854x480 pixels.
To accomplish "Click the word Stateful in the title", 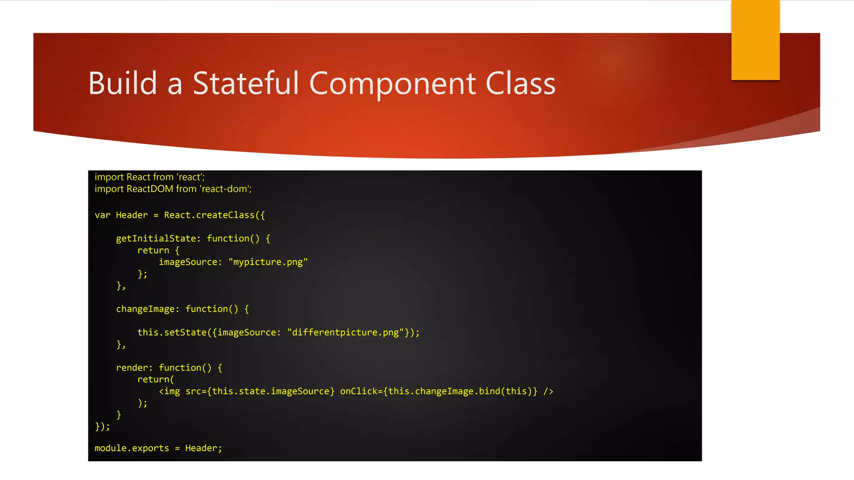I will coord(246,83).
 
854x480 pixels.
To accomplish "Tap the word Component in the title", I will coord(392,83).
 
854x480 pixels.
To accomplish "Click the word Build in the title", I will coord(123,83).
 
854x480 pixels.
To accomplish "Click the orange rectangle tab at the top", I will coord(755,40).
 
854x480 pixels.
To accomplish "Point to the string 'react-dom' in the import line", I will coord(225,189).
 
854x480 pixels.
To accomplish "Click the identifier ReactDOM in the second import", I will coord(150,189).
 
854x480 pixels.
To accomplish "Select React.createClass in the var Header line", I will coord(209,215).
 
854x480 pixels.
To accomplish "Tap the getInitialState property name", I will coord(156,239).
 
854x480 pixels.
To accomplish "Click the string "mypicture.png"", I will coord(268,262).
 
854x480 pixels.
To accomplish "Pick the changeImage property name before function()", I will coord(145,309).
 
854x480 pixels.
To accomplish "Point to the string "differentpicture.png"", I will coord(345,332).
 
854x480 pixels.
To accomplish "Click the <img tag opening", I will coord(169,392).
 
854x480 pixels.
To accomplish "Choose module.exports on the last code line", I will coord(132,448).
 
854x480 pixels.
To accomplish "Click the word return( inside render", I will coord(156,380).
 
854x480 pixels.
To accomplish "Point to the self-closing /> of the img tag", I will coord(548,392).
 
